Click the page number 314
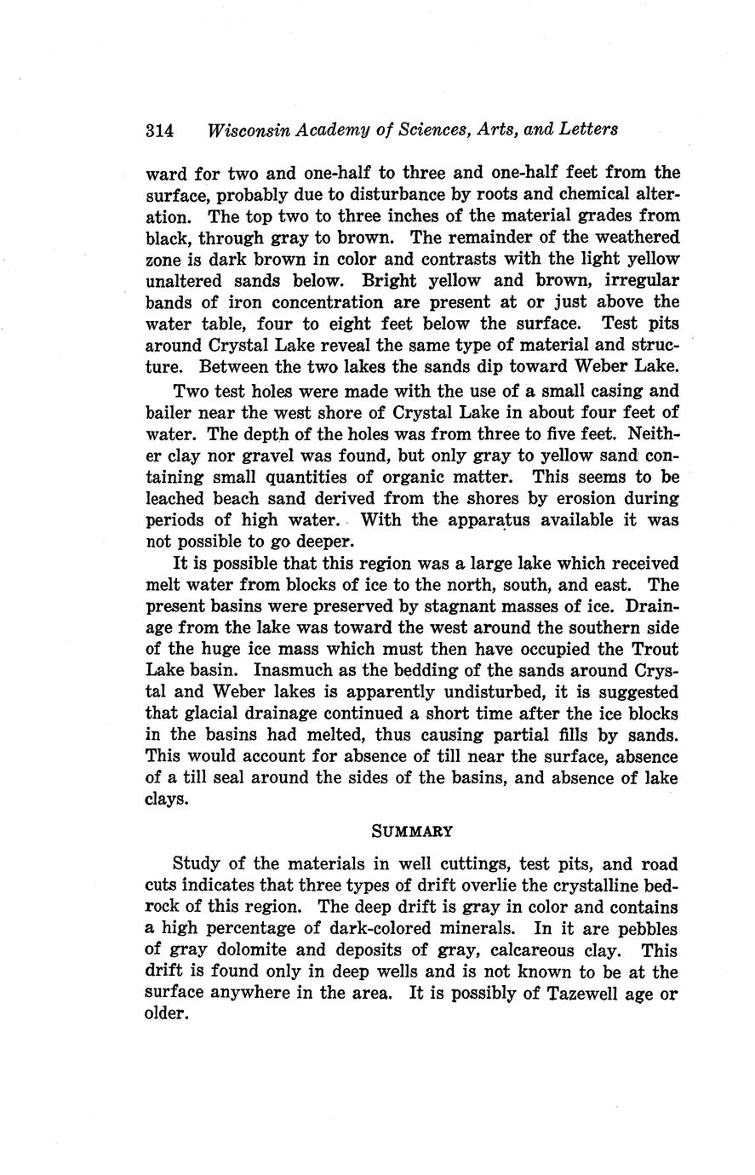[160, 130]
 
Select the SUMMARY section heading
[412, 829]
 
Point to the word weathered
[632, 238]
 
